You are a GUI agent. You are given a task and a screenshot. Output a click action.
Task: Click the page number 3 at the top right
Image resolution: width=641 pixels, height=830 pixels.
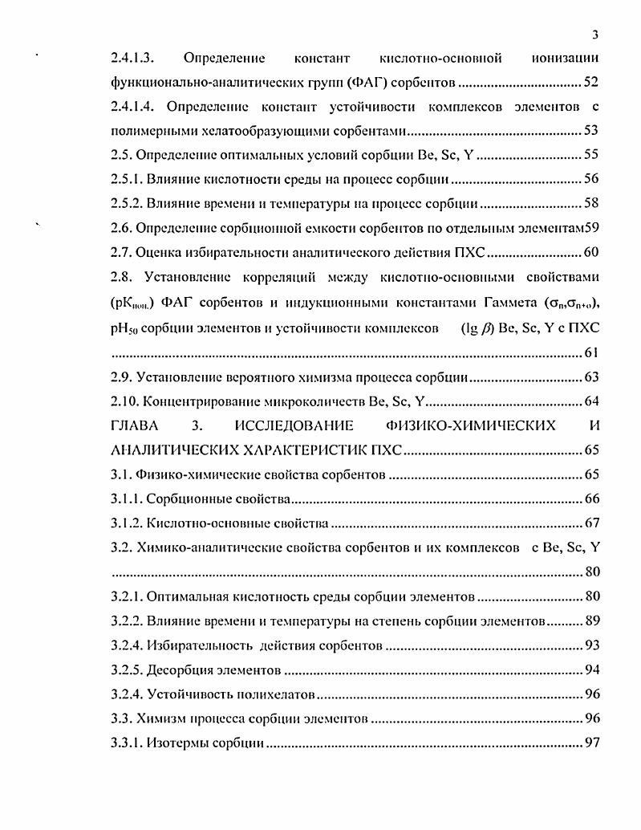tap(595, 34)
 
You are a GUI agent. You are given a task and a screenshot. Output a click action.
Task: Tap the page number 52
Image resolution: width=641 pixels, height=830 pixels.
tap(592, 82)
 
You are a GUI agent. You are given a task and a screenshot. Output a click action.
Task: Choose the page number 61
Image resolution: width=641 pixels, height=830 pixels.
tap(592, 353)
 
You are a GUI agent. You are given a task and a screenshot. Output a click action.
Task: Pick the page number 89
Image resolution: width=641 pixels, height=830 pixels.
tap(592, 620)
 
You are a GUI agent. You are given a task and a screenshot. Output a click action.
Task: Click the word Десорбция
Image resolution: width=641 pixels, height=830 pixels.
tap(178, 669)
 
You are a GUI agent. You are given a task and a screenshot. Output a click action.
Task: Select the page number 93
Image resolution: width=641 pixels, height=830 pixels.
tap(592, 645)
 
